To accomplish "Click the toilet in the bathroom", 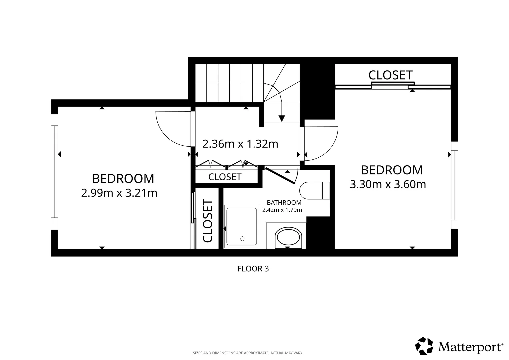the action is pyautogui.click(x=315, y=191).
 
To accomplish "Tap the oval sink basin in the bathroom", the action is pyautogui.click(x=288, y=239).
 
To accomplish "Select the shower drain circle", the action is pyautogui.click(x=242, y=239).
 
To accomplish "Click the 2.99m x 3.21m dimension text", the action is pyautogui.click(x=119, y=193).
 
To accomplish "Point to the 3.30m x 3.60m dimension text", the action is pyautogui.click(x=388, y=184).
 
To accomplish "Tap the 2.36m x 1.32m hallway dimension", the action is pyautogui.click(x=240, y=144).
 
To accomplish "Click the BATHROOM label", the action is pyautogui.click(x=284, y=202).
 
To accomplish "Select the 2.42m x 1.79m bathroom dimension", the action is pyautogui.click(x=282, y=210).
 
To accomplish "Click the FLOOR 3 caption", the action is pyautogui.click(x=253, y=269).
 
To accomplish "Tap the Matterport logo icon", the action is pyautogui.click(x=424, y=346).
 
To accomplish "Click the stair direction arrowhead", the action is pyautogui.click(x=282, y=118).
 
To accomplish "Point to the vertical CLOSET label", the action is pyautogui.click(x=207, y=221).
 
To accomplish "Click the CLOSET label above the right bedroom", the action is pyautogui.click(x=390, y=75).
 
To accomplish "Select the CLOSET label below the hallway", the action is pyautogui.click(x=225, y=177).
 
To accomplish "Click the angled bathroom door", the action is pyautogui.click(x=280, y=176).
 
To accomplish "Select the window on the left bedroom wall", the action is pyautogui.click(x=54, y=166).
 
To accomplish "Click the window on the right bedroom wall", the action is pyautogui.click(x=454, y=185).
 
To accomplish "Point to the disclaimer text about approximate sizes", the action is pyautogui.click(x=248, y=353).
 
